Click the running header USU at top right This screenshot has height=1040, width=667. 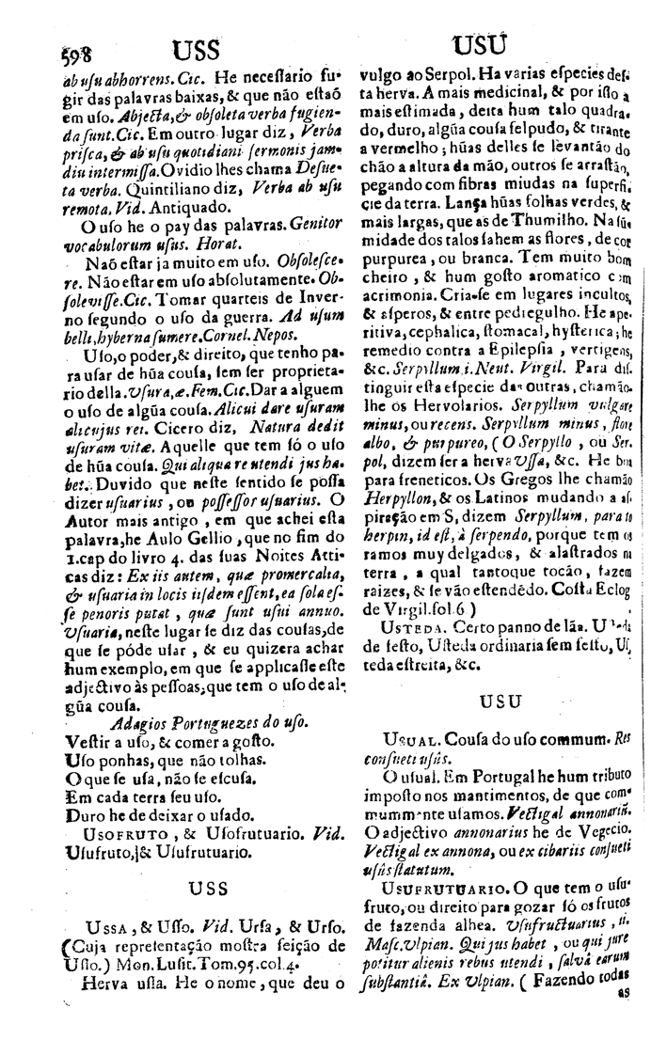(480, 47)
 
